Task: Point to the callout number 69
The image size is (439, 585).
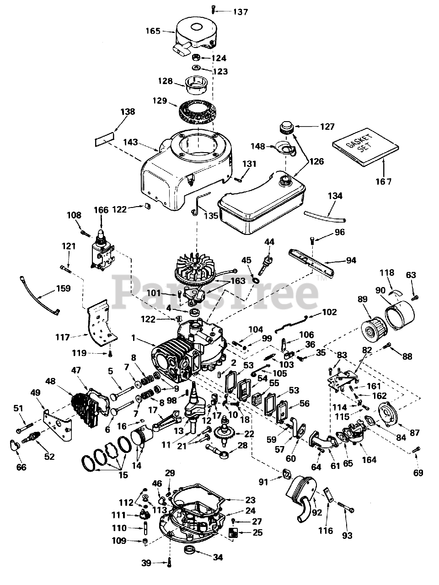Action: tap(418, 473)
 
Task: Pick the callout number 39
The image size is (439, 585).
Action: tap(146, 563)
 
